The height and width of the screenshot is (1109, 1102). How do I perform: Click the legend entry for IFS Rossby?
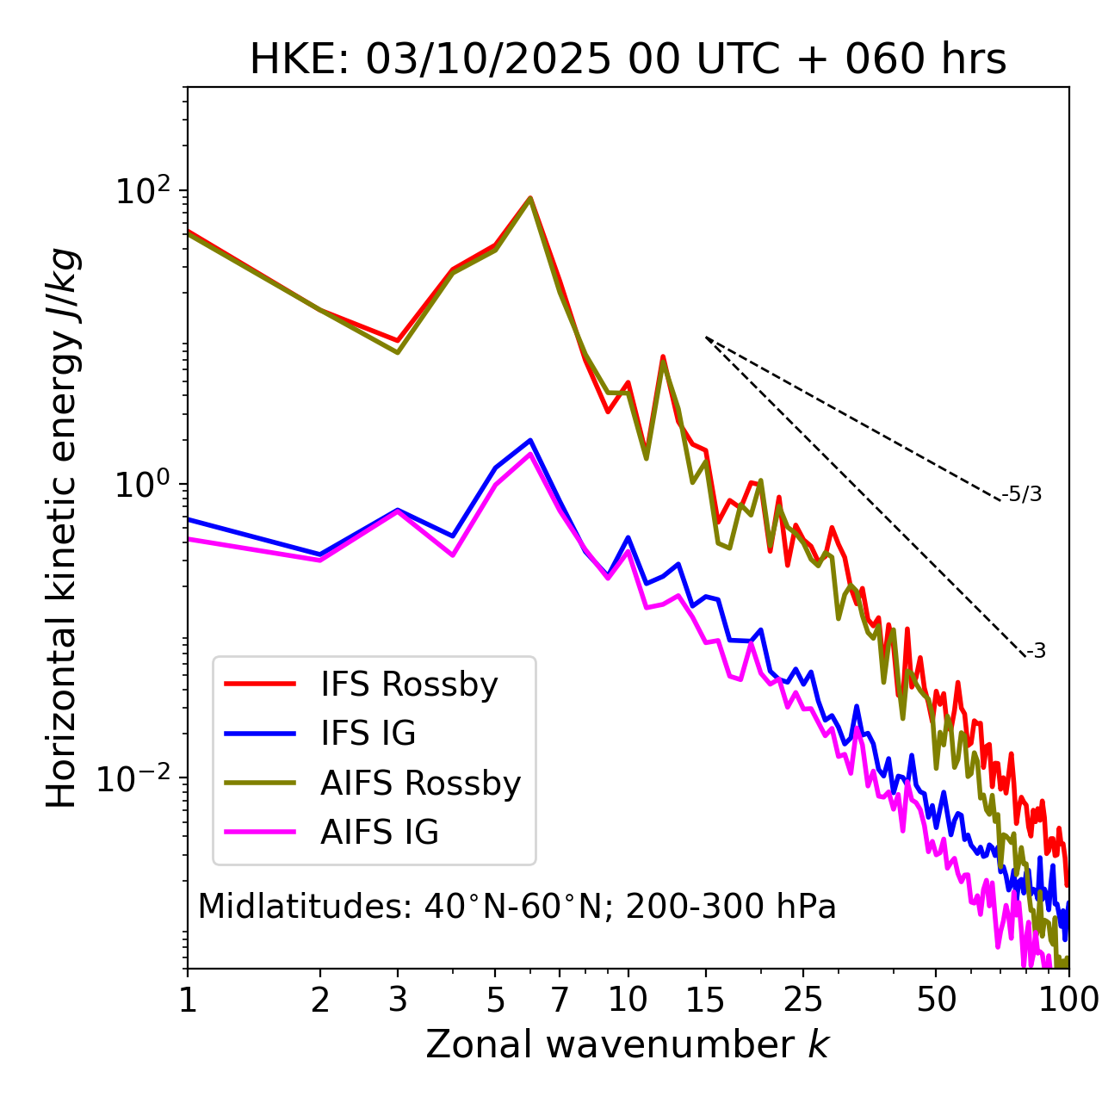click(409, 685)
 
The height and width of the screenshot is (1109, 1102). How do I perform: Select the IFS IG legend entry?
click(368, 734)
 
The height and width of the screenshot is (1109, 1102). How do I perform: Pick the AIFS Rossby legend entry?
click(420, 784)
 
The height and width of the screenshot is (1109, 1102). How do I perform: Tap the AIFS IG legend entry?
click(380, 833)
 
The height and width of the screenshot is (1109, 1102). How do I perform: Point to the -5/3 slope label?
click(1022, 494)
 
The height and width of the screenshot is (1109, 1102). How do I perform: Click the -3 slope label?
click(1036, 651)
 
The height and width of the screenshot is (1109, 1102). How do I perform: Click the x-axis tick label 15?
click(705, 1000)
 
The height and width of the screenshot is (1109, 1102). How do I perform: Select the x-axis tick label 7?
click(560, 1000)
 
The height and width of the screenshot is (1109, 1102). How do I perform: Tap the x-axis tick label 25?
click(803, 1000)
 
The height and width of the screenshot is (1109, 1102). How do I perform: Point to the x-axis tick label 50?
click(936, 1000)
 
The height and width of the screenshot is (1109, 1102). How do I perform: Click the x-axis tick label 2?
click(320, 1000)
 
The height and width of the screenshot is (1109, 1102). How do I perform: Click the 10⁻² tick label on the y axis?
click(138, 778)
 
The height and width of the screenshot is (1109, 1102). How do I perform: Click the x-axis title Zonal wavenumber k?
click(627, 1044)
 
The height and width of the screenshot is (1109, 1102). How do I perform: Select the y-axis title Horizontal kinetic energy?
click(63, 528)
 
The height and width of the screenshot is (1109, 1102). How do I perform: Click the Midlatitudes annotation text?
click(517, 907)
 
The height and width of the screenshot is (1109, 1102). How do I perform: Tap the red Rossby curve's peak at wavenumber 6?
click(530, 198)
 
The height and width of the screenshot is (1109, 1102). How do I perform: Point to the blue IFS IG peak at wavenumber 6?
click(530, 440)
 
